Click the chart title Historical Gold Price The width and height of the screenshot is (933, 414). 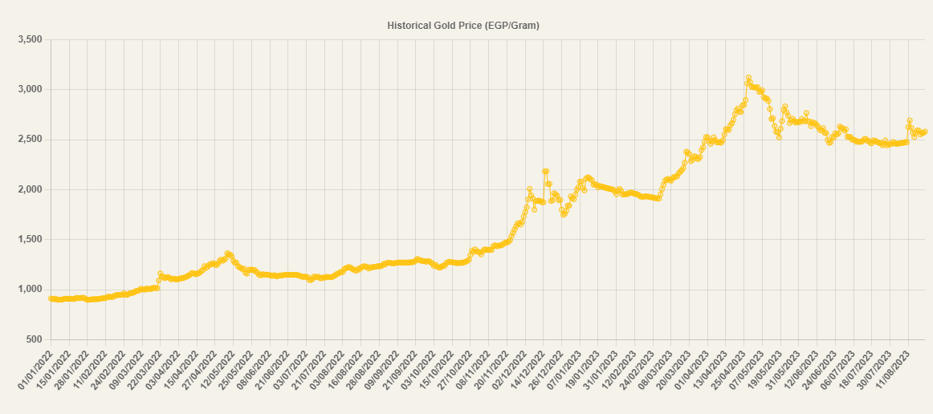coord(462,26)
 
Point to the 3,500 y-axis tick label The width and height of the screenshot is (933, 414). coord(29,39)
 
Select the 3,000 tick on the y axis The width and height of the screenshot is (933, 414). coord(29,89)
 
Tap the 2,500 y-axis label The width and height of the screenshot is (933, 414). coord(29,140)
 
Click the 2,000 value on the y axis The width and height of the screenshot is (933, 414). coord(29,189)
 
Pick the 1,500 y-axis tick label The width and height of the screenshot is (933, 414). coord(29,239)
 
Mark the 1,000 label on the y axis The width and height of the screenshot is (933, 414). coord(29,290)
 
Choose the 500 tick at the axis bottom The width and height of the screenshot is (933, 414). coord(34,339)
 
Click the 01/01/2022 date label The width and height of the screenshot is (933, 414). coord(35,370)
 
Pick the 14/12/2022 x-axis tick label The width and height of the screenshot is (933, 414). coord(530,370)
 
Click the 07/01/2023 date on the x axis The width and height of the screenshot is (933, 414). coord(567,370)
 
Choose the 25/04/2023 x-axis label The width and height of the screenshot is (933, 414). coord(732,370)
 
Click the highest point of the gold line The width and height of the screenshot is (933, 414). coord(748,78)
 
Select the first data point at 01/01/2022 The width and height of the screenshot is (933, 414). coord(51,298)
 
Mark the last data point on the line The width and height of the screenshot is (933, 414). coord(925,132)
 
